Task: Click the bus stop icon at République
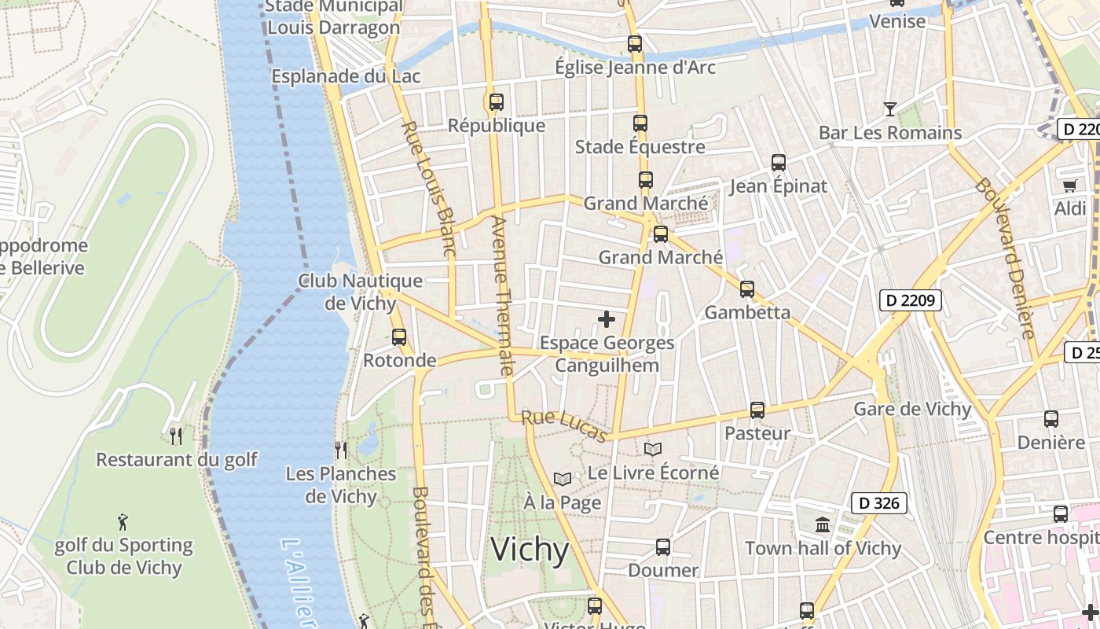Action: (496, 102)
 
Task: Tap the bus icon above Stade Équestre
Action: (640, 123)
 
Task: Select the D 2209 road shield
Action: (910, 300)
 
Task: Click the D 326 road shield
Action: (879, 503)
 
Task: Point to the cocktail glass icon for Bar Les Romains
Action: (889, 109)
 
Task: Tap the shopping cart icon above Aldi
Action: (1069, 186)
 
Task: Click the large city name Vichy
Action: (530, 550)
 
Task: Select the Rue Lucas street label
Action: (565, 425)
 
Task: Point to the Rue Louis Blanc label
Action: (428, 189)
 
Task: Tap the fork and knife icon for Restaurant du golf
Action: (177, 436)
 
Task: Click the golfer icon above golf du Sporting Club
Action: (123, 521)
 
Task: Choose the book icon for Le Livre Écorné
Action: (653, 449)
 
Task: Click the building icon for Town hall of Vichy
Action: (823, 524)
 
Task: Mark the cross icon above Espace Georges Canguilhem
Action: (607, 319)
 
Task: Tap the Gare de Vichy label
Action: (912, 409)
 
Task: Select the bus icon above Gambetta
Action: (747, 289)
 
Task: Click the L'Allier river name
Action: (299, 582)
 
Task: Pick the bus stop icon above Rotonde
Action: (399, 337)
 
